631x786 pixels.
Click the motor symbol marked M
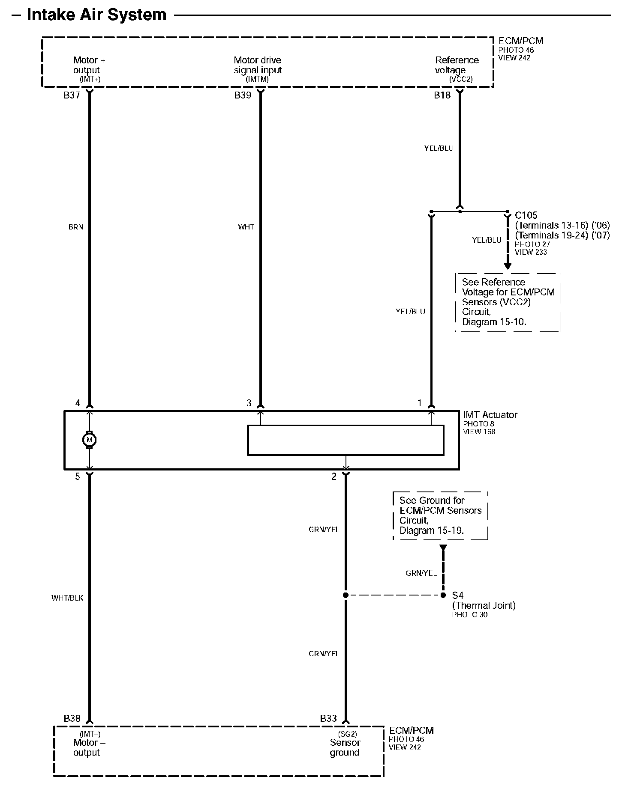[90, 440]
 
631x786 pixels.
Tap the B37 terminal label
[72, 95]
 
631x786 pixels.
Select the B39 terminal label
[243, 95]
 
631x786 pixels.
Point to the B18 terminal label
[442, 95]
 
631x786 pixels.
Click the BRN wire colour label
[76, 227]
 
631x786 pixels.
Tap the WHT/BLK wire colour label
[67, 598]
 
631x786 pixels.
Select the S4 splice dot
[443, 595]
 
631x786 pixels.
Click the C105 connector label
[526, 215]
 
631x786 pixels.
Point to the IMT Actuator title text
[490, 415]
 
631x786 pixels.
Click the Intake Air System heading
[97, 15]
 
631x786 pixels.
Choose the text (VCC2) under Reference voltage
[461, 79]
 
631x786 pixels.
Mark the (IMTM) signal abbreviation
[257, 79]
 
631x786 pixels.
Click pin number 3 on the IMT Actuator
[249, 403]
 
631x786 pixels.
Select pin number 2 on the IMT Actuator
[334, 476]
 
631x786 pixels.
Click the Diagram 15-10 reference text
[494, 322]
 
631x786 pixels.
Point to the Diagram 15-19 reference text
[432, 530]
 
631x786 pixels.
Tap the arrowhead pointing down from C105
[508, 266]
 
